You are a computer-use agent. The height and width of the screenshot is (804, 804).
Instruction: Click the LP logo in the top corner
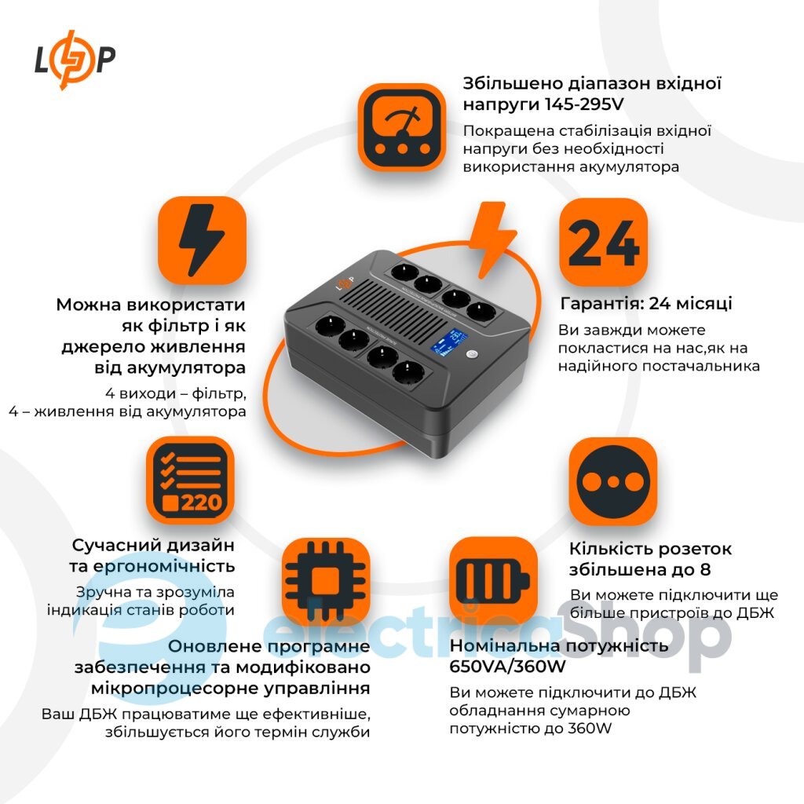[75, 60]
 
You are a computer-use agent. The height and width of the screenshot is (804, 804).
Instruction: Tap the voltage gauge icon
[402, 128]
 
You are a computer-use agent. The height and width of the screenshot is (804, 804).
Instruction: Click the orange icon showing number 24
[604, 242]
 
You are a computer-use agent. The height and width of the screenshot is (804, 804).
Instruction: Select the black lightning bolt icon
[202, 240]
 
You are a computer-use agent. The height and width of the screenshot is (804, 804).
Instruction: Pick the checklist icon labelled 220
[191, 481]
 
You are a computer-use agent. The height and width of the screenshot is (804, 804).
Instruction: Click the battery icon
[494, 581]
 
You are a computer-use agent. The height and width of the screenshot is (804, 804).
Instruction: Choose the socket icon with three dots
[613, 481]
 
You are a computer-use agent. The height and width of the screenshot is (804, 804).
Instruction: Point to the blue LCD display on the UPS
[448, 342]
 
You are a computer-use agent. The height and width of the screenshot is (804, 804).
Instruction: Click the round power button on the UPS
[472, 354]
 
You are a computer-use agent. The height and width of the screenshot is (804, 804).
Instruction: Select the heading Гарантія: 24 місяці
[645, 304]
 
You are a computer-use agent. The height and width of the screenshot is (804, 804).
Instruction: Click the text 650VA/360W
[508, 667]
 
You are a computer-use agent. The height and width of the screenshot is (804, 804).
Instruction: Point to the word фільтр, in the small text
[219, 394]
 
